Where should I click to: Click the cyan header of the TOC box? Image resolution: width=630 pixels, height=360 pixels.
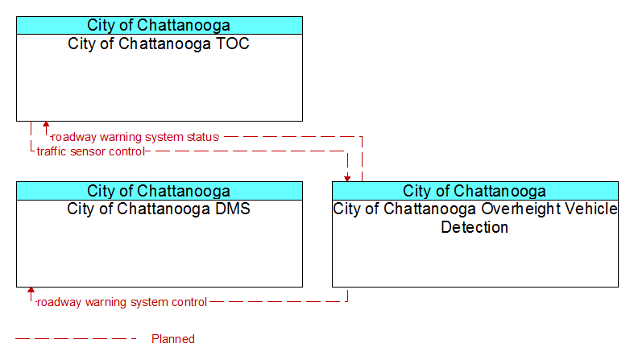pos(160,25)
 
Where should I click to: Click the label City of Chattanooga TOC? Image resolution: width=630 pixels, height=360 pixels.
pos(159,43)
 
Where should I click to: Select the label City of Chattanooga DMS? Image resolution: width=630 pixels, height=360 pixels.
pos(159,209)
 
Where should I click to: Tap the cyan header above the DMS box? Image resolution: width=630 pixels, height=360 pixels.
pos(160,191)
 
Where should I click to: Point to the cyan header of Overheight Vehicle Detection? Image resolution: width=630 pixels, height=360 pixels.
pos(475,191)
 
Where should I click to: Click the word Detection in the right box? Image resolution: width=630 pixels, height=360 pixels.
pos(475,227)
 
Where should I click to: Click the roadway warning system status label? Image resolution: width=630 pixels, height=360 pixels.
pos(135,137)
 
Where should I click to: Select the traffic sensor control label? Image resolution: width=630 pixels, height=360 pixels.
pos(90,151)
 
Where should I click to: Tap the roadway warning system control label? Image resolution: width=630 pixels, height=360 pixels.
pos(122,302)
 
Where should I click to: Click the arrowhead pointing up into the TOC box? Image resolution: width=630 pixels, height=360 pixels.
pos(46,124)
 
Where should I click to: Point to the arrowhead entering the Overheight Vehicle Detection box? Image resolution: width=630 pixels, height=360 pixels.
pos(347,179)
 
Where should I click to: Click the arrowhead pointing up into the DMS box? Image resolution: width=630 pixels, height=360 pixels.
pos(31,290)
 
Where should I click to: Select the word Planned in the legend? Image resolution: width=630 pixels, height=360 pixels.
pos(173,339)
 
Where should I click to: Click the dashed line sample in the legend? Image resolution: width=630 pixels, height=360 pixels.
pos(76,339)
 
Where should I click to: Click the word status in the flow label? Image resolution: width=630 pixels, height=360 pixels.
pos(202,137)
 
